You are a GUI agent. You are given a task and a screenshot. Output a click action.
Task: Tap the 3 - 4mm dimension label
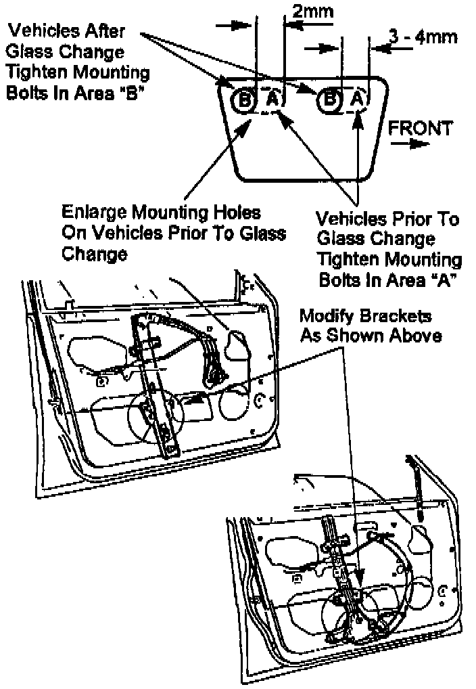click(x=423, y=37)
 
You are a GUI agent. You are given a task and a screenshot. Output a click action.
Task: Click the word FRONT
click(x=420, y=128)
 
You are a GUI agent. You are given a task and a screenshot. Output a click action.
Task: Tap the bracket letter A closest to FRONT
click(x=358, y=99)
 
